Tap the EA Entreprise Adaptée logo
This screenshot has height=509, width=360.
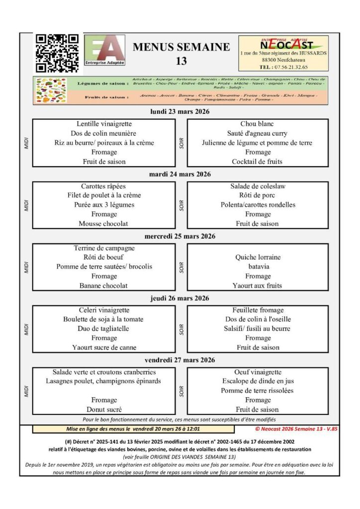click(x=105, y=50)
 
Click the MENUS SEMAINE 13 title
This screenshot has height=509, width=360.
click(x=181, y=54)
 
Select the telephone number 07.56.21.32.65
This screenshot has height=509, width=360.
click(x=284, y=67)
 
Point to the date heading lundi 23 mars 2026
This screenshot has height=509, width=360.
click(x=180, y=112)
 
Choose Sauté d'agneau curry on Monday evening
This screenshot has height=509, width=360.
click(x=258, y=133)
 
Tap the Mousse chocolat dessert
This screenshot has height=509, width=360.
click(x=103, y=224)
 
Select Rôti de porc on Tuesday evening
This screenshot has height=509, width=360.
click(x=258, y=195)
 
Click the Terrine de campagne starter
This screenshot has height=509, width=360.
click(x=104, y=248)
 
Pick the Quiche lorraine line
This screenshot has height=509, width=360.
click(x=258, y=257)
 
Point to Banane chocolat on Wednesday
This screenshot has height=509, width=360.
click(x=104, y=286)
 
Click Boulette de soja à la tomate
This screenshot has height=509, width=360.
click(x=103, y=319)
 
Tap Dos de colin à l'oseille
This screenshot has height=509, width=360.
click(x=258, y=319)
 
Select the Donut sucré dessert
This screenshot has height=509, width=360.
click(x=104, y=410)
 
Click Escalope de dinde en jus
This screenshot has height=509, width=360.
click(x=258, y=381)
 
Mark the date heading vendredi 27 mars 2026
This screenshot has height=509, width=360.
click(x=180, y=360)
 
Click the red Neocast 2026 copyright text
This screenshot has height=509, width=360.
click(x=296, y=428)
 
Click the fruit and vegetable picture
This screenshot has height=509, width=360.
click(x=50, y=90)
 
